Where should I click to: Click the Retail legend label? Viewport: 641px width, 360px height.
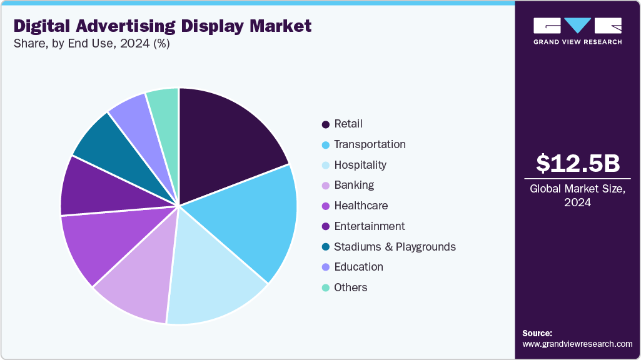pos(348,124)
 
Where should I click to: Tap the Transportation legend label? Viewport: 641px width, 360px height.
pos(370,144)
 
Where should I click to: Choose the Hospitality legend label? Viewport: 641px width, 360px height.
pos(360,165)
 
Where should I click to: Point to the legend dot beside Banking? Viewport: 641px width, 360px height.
pos(326,186)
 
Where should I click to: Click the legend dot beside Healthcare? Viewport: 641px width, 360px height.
pos(326,206)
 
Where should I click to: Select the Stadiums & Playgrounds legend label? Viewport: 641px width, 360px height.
pos(395,247)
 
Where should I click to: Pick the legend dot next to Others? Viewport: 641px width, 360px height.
pos(326,288)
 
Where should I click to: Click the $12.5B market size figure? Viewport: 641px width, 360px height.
pos(578,163)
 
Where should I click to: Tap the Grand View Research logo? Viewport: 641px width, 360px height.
pos(577,31)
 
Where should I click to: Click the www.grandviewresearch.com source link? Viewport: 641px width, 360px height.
pos(577,344)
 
